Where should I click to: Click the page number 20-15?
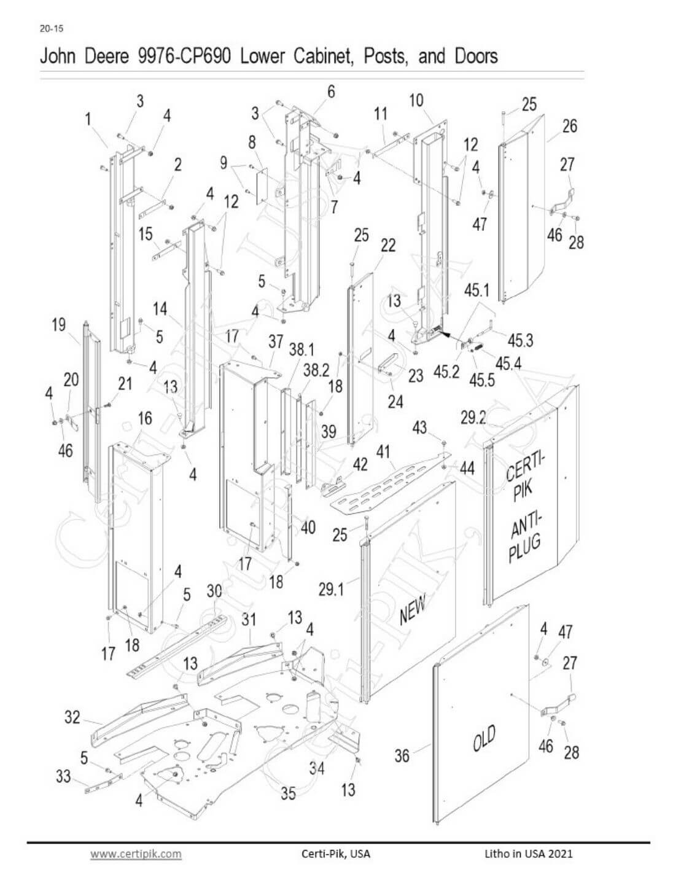(52, 28)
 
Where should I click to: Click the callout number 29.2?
(473, 418)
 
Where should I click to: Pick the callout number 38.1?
(301, 349)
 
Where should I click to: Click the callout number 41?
(383, 452)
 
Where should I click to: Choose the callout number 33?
(63, 776)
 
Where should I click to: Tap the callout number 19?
(58, 325)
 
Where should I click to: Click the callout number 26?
(570, 126)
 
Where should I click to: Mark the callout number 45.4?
(508, 364)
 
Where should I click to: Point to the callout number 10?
(416, 100)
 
